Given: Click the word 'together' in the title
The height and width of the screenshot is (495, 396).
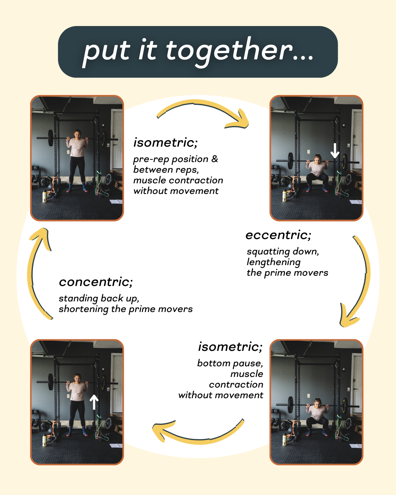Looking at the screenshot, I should (x=229, y=51).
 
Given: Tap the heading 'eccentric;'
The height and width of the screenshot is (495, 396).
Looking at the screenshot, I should (x=278, y=235).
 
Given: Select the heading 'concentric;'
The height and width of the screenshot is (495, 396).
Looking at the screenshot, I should (x=96, y=282).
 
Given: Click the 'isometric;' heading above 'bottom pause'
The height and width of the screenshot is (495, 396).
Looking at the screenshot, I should (x=230, y=347).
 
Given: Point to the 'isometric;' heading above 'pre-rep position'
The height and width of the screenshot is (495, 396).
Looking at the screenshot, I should (x=165, y=143).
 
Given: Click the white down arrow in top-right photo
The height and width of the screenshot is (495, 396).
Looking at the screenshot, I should (x=335, y=150).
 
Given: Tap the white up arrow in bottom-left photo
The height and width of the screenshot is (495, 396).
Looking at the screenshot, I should (x=94, y=402).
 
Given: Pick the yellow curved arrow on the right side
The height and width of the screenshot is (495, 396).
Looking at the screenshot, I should (x=361, y=282).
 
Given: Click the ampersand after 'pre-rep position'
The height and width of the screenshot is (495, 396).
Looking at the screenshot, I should (x=214, y=159).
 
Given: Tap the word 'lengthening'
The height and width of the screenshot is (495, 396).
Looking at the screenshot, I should (x=274, y=262).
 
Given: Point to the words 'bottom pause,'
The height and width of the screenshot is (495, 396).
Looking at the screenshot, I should (x=230, y=363).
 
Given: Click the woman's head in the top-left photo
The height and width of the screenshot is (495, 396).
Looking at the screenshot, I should (x=77, y=134).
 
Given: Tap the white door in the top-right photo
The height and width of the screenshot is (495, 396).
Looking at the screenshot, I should (x=357, y=139).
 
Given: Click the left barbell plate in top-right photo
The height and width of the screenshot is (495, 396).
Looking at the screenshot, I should (x=290, y=160).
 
